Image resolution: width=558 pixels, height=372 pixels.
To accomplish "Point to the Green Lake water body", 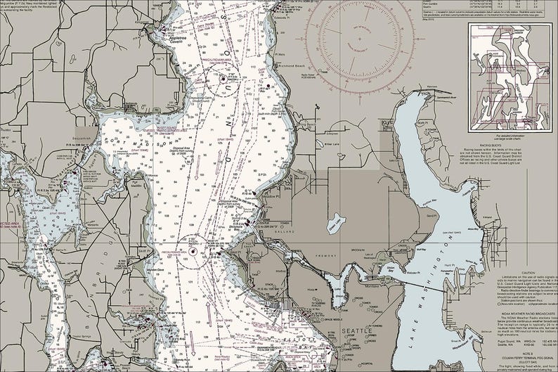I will (337, 224).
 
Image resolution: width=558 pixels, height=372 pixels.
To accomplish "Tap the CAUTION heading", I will (519, 272).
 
